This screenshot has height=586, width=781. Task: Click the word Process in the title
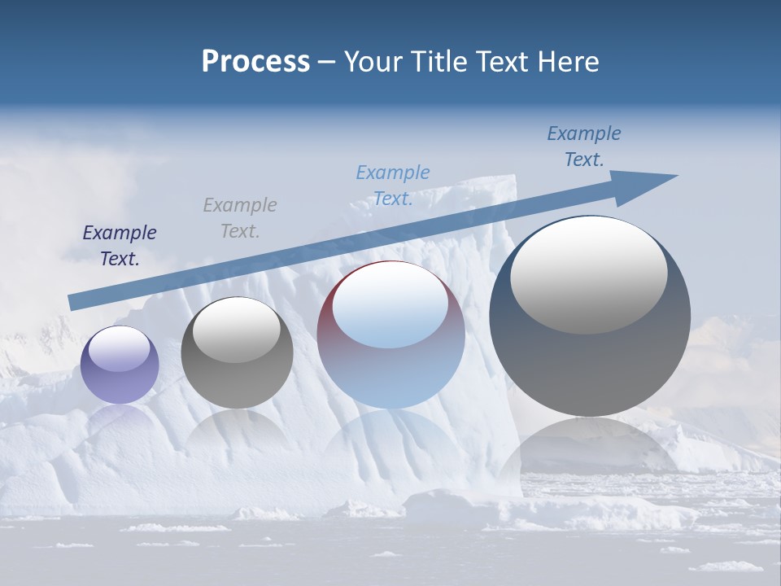255,62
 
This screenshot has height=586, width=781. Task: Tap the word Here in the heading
566,62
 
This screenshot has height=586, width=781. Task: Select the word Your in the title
374,62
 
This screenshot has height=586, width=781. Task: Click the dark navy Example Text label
120,246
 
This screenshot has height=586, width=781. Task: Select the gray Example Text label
240,218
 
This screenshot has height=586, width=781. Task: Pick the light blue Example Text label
393,186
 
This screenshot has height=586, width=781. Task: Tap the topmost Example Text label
584,146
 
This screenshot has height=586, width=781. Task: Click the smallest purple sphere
120,374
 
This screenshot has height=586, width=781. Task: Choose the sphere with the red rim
390,366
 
